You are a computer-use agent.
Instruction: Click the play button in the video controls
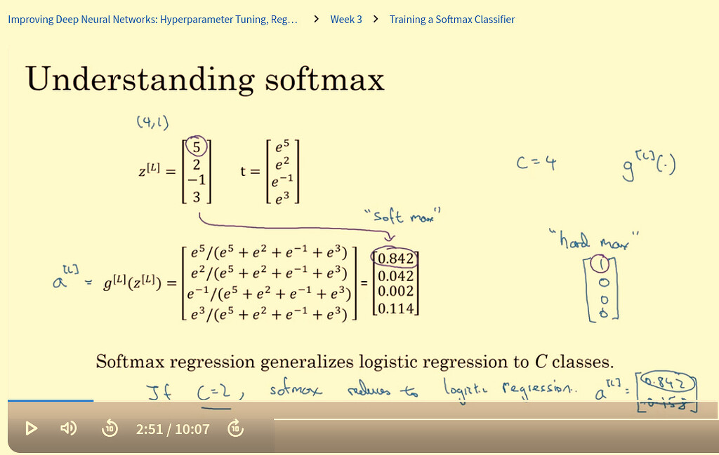[x=31, y=428]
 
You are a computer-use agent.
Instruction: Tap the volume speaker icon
[x=68, y=428]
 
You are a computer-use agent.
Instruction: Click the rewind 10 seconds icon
[x=110, y=428]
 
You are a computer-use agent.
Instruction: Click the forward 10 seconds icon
[x=237, y=428]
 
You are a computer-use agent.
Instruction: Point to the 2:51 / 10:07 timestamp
[x=173, y=428]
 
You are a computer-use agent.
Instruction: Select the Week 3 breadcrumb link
[x=346, y=20]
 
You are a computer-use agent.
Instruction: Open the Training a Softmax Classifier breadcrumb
[x=452, y=20]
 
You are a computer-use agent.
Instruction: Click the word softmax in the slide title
[x=324, y=80]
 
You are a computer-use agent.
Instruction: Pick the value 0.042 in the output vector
[x=396, y=276]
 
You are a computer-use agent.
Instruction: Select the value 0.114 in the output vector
[x=396, y=307]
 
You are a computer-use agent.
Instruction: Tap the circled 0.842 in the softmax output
[x=396, y=259]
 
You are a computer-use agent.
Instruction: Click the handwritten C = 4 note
[x=536, y=163]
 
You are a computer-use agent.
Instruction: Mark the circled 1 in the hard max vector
[x=600, y=264]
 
